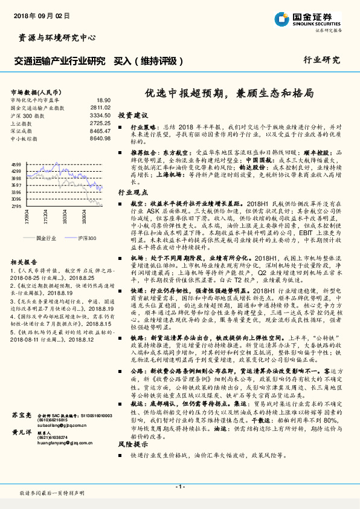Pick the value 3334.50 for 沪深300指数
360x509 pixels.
click(x=100, y=115)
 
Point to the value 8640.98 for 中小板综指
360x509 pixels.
click(x=100, y=138)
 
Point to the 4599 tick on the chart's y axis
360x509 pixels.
click(x=16, y=165)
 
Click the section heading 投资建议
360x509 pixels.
click(x=132, y=115)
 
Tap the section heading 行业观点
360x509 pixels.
click(x=132, y=190)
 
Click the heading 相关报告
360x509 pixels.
click(x=25, y=262)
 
